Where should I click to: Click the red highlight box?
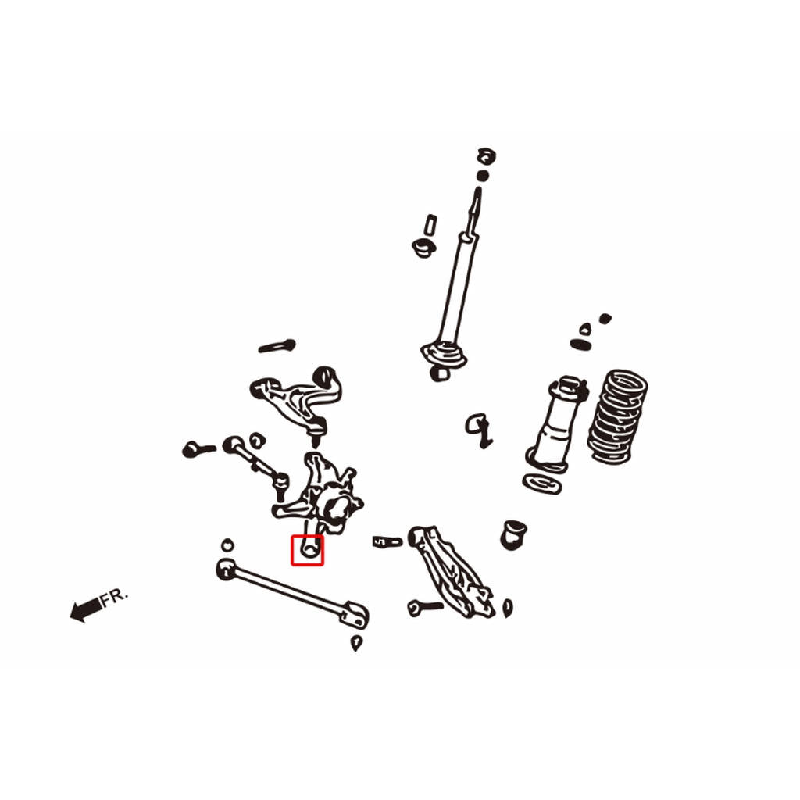[x=291, y=550]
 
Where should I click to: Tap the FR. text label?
[x=114, y=598]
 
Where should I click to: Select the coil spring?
[x=618, y=416]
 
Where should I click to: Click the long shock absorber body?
[x=457, y=291]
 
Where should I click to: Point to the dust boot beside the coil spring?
[x=555, y=423]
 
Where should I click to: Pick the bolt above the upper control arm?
[x=277, y=346]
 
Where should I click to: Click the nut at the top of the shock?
[x=487, y=156]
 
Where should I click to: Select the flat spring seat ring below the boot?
[x=543, y=484]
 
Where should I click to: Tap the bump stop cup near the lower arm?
[x=514, y=534]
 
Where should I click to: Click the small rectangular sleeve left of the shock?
[x=430, y=225]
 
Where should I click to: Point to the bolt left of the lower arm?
[x=424, y=607]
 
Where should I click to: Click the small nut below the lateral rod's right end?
[x=356, y=643]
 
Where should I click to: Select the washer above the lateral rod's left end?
[x=227, y=545]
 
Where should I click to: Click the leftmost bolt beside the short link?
[x=198, y=449]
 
